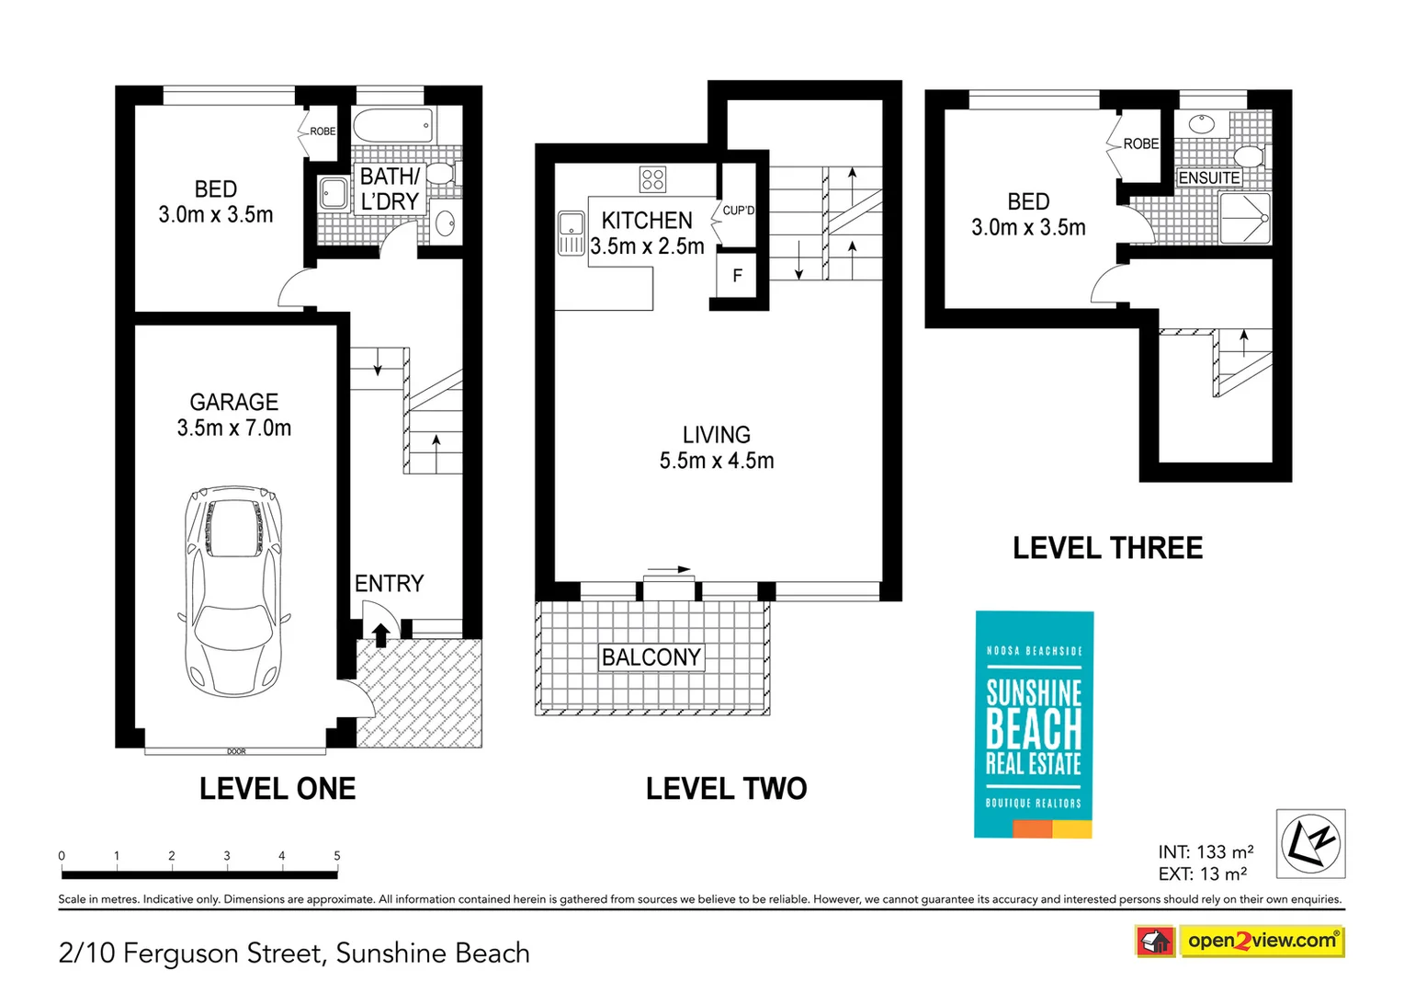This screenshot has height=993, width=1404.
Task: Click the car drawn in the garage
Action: click(x=233, y=591)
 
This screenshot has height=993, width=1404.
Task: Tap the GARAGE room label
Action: click(x=233, y=402)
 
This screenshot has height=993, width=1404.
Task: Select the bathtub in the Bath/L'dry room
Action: click(x=392, y=125)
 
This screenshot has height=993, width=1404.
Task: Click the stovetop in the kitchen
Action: click(x=652, y=179)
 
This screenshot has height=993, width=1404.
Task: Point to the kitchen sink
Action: click(x=571, y=233)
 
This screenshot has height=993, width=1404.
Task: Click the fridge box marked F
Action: click(x=737, y=275)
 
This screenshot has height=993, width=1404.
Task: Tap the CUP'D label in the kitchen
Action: click(x=739, y=211)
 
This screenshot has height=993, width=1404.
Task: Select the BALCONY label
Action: click(x=651, y=657)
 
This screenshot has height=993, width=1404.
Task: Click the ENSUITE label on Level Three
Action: click(x=1208, y=178)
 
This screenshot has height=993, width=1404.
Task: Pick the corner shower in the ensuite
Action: click(x=1245, y=218)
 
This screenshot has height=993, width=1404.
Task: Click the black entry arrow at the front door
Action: click(x=381, y=634)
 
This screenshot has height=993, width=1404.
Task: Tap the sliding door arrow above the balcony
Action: click(x=669, y=569)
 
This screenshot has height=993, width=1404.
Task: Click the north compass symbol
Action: click(x=1310, y=844)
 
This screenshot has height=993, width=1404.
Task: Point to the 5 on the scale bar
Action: click(x=337, y=856)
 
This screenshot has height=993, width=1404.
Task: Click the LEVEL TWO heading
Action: click(x=727, y=789)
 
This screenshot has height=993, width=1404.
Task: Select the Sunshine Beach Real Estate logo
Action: click(x=1034, y=725)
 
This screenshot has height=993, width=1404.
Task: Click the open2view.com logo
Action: click(x=1262, y=942)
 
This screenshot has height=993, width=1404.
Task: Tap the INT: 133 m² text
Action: click(x=1206, y=851)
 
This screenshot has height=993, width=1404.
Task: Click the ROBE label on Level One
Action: click(x=323, y=131)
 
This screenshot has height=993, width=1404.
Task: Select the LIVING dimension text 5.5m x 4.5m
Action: click(x=717, y=461)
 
